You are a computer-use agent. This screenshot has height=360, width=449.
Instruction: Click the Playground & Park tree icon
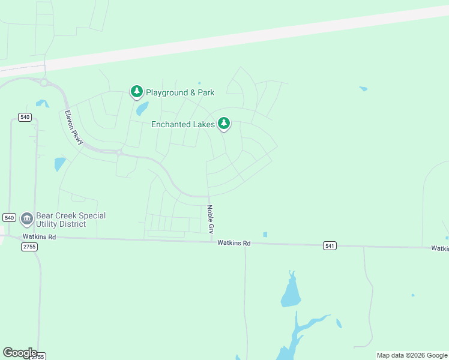tap(137, 92)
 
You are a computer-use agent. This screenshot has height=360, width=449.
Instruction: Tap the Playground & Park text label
tap(180, 93)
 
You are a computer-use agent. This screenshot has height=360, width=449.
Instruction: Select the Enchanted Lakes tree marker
tap(224, 124)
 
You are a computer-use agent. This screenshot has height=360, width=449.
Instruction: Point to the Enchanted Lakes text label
tap(183, 125)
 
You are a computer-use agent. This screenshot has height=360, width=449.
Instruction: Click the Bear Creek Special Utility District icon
tap(26, 219)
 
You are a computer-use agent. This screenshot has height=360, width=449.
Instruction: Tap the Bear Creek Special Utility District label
tap(71, 220)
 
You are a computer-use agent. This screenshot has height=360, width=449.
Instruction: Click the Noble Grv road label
tap(210, 220)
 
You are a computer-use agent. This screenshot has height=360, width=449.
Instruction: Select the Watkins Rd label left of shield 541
tap(234, 243)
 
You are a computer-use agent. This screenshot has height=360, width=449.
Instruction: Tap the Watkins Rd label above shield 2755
tap(44, 237)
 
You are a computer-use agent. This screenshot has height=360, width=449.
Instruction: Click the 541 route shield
tap(329, 245)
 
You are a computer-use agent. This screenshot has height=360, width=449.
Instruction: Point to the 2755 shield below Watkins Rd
tap(29, 247)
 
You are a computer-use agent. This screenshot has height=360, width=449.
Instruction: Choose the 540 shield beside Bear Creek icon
tap(9, 217)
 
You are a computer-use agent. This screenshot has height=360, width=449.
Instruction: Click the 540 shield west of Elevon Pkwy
tap(25, 117)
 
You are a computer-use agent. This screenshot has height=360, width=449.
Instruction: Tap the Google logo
tap(20, 353)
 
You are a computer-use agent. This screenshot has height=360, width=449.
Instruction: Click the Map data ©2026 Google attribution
tap(412, 355)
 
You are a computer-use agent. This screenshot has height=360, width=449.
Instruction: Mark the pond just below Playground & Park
tap(142, 109)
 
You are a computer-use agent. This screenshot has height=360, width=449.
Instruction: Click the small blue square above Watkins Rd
tap(265, 235)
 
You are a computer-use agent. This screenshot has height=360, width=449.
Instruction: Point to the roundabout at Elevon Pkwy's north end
tap(44, 83)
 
